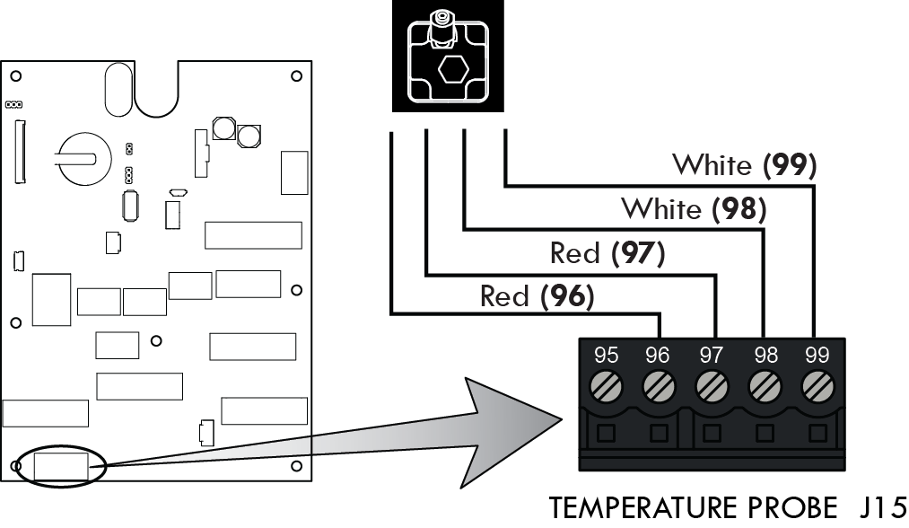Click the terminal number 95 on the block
(x=606, y=356)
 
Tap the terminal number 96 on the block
(x=658, y=356)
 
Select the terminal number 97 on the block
(x=711, y=356)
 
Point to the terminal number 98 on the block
(x=765, y=356)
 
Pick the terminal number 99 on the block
(x=817, y=356)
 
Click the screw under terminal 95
(x=606, y=388)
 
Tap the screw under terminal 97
(x=711, y=388)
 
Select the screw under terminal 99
(x=817, y=388)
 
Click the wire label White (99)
(x=744, y=165)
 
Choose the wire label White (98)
(x=694, y=209)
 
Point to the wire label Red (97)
(x=607, y=254)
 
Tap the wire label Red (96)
(x=538, y=296)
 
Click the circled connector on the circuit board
(x=61, y=467)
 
